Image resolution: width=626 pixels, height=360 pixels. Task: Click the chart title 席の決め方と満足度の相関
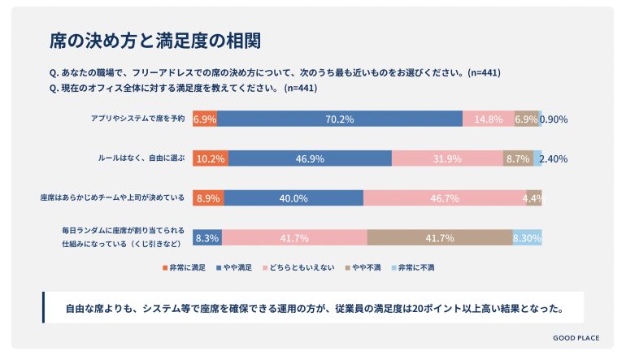155,40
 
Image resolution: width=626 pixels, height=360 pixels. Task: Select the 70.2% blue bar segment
340,119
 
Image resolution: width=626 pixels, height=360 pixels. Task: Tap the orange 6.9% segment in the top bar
205,119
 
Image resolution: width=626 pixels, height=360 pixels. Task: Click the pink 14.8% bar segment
488,119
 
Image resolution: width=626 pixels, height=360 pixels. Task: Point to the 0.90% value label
555,119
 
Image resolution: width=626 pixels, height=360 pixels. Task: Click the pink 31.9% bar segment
447,158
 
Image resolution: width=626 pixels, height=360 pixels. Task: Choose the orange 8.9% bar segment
208,198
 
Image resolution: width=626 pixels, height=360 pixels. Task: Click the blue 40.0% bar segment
293,198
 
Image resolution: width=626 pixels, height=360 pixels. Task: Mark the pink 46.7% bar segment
445,198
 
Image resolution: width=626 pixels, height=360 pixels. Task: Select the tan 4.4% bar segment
533,198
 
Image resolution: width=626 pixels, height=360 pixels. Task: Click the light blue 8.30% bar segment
527,237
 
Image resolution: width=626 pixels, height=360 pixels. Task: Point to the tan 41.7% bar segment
439,237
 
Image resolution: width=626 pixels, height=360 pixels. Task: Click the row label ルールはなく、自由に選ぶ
141,158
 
